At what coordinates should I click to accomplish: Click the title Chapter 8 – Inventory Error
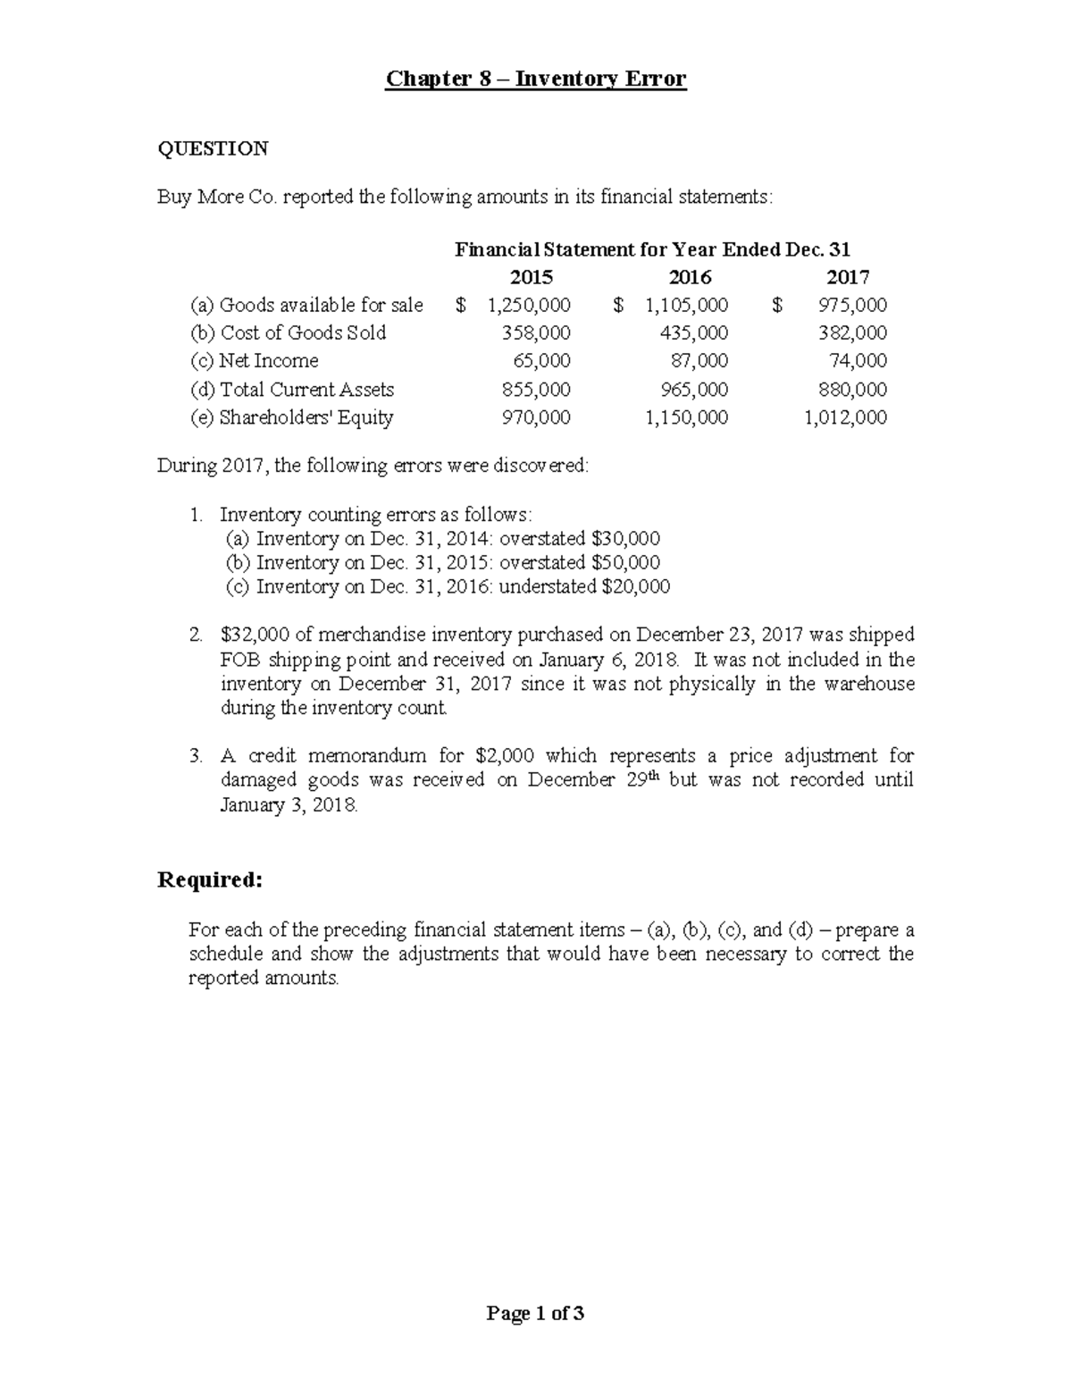[x=535, y=79]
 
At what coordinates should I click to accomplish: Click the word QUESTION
[x=213, y=148]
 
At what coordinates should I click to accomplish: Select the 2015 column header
[x=531, y=277]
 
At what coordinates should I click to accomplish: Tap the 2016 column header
[x=690, y=277]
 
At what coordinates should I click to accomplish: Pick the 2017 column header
[x=848, y=277]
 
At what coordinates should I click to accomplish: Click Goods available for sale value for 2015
[x=528, y=306]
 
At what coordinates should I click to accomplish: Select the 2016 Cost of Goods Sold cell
[x=694, y=333]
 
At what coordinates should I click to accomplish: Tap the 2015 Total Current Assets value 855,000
[x=535, y=390]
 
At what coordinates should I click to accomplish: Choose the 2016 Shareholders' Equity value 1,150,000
[x=686, y=417]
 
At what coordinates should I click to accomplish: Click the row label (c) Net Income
[x=254, y=361]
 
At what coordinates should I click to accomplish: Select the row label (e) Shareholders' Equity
[x=291, y=417]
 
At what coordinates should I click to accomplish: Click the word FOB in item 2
[x=239, y=660]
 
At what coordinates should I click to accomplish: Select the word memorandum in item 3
[x=367, y=756]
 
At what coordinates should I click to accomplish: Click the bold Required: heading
[x=210, y=880]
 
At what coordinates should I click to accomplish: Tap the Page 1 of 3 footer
[x=535, y=1313]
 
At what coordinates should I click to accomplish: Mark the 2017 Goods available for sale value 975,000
[x=852, y=306]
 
